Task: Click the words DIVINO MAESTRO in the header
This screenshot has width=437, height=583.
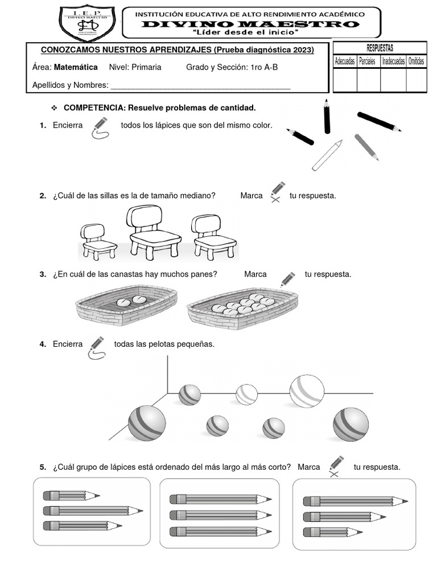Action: (x=250, y=24)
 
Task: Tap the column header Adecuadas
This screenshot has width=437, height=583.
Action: (x=345, y=61)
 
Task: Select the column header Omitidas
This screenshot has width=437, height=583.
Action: (x=416, y=61)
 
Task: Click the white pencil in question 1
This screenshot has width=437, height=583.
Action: (x=327, y=155)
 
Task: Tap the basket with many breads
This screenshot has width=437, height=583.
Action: (x=243, y=307)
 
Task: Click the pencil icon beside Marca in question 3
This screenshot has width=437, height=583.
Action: (x=287, y=279)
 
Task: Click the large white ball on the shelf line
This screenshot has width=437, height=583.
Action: (x=307, y=391)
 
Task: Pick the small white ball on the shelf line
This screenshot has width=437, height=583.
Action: (x=246, y=395)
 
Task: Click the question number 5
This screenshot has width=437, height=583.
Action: (x=43, y=467)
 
